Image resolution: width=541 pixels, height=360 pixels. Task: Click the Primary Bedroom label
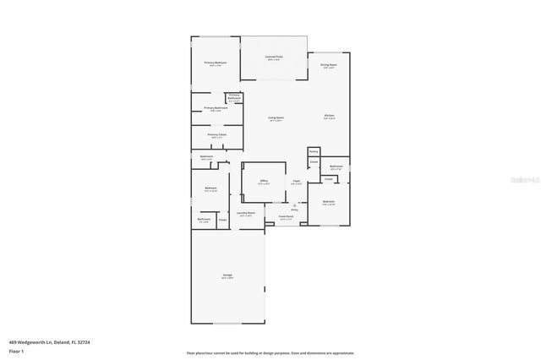click(x=216, y=63)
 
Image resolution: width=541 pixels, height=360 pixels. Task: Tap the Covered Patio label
click(x=275, y=57)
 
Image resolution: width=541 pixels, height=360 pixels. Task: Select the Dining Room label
click(x=329, y=65)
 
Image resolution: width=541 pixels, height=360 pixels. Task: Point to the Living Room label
click(x=276, y=118)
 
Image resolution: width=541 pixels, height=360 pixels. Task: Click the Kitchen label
click(x=330, y=117)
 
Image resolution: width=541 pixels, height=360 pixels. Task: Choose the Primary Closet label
click(x=216, y=135)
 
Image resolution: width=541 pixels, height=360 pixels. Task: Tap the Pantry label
click(x=313, y=151)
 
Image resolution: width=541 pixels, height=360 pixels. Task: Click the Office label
click(x=264, y=182)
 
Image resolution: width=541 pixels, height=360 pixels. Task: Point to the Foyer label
click(x=297, y=181)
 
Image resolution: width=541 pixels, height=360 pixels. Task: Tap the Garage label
click(x=227, y=276)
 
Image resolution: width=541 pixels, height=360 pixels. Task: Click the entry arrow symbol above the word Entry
click(x=294, y=204)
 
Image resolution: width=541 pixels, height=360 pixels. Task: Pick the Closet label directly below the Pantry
click(x=314, y=162)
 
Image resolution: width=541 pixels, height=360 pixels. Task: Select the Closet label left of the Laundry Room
click(x=222, y=220)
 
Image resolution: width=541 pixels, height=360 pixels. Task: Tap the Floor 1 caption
click(x=15, y=351)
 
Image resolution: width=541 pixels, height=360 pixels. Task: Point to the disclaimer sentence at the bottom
click(x=270, y=353)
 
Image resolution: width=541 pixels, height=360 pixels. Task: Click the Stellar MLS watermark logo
click(x=521, y=180)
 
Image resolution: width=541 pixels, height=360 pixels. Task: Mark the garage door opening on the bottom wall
click(x=227, y=324)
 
